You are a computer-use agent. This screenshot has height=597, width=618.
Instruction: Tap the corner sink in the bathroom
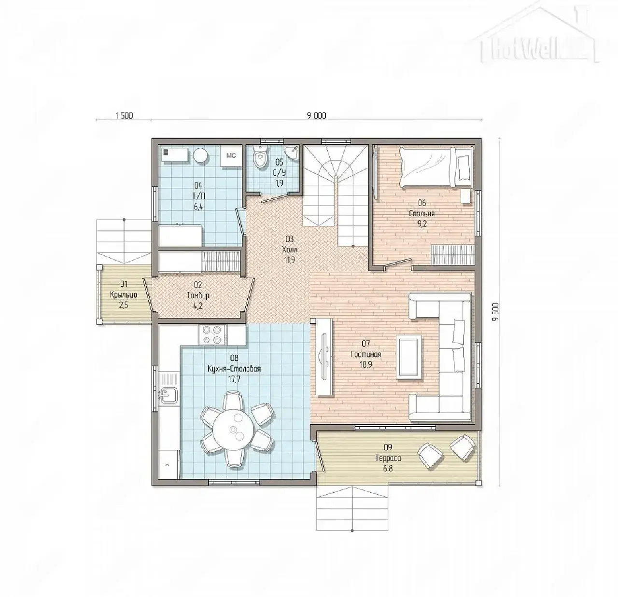[x=292, y=153]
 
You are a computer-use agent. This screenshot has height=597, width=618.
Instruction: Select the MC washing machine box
[x=231, y=156]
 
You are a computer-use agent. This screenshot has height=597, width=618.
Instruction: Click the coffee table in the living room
[x=409, y=357]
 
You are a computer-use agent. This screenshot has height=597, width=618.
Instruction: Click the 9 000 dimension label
[x=316, y=115]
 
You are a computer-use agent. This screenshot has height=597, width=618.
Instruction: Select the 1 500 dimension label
[x=124, y=115]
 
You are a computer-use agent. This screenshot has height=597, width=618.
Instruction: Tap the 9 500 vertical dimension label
[x=496, y=312]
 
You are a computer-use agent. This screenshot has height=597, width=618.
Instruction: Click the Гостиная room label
[x=365, y=354]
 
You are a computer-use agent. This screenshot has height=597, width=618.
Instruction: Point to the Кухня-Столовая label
[x=234, y=369]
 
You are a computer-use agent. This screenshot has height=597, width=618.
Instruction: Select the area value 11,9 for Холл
[x=289, y=260]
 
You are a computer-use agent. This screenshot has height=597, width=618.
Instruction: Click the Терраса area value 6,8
[x=388, y=469]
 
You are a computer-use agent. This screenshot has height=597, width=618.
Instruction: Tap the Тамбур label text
[x=198, y=296]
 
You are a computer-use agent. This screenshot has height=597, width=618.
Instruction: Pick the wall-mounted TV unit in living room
[x=323, y=357]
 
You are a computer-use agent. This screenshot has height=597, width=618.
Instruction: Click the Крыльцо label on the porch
[x=124, y=295]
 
